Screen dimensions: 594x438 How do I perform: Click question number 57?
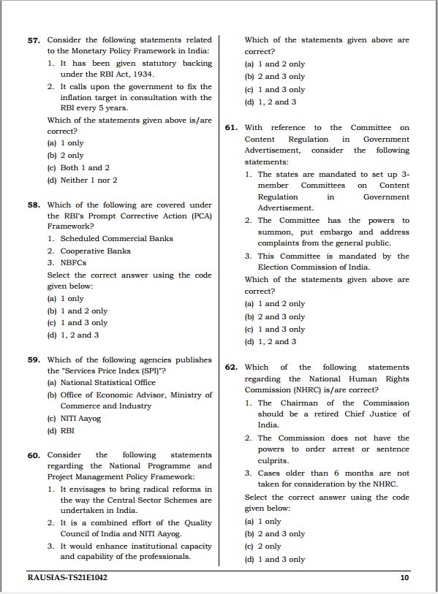(34, 40)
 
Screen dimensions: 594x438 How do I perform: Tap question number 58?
(34, 205)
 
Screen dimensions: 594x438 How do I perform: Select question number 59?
(34, 360)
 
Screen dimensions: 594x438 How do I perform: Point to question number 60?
(34, 455)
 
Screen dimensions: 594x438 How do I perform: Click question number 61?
(231, 128)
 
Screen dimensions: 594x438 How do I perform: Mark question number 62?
(231, 368)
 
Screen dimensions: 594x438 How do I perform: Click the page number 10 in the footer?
(404, 578)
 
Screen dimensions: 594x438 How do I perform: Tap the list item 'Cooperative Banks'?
(95, 251)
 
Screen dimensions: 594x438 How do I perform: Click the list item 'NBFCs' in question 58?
(75, 262)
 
